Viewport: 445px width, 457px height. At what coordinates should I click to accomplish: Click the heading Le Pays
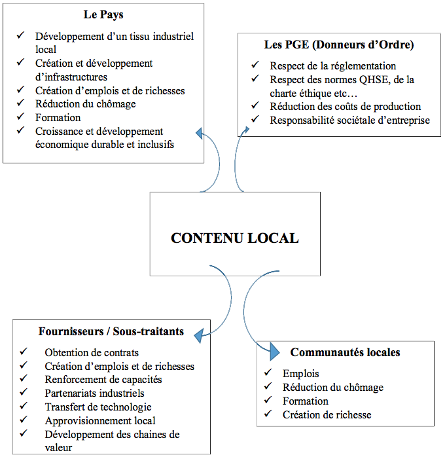[103, 14]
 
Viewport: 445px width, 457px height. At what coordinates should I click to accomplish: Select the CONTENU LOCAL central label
[235, 238]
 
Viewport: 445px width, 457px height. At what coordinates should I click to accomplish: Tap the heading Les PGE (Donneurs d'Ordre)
[339, 45]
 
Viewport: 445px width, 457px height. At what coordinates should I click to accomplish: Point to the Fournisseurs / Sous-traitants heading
[111, 331]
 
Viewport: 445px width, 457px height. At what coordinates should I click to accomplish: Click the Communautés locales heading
[345, 352]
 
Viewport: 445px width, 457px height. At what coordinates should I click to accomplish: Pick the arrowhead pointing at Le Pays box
[200, 134]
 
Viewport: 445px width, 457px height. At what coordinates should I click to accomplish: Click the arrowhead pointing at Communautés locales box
[274, 351]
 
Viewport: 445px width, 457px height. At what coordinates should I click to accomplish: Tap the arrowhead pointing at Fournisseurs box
[199, 336]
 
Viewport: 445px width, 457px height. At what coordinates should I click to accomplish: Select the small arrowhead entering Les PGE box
[247, 130]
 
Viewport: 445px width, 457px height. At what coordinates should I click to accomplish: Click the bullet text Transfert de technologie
[98, 407]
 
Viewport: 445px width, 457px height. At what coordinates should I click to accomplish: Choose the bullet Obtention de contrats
[92, 353]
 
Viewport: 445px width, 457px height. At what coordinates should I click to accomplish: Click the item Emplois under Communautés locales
[301, 374]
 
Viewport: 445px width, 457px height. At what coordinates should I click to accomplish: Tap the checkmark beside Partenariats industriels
[24, 392]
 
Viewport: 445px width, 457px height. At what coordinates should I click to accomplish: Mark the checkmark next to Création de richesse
[268, 413]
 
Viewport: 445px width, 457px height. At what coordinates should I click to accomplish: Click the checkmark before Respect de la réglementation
[255, 65]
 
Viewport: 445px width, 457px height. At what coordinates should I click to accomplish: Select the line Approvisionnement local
[100, 420]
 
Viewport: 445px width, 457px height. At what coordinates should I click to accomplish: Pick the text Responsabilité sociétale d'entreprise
[349, 120]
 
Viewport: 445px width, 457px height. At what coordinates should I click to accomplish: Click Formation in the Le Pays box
[58, 117]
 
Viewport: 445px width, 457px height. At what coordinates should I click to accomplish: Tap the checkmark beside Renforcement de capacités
[24, 378]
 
